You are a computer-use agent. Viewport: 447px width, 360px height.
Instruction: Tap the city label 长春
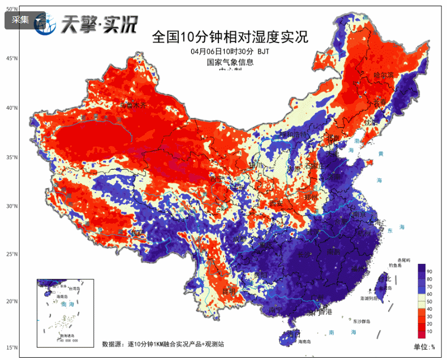[378, 103]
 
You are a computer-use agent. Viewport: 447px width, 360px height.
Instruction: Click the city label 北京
[333, 138]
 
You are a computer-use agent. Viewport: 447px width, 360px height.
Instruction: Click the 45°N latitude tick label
[11, 59]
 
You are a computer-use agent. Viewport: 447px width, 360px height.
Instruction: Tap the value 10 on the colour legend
[429, 331]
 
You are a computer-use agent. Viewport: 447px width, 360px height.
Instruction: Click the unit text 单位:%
[424, 346]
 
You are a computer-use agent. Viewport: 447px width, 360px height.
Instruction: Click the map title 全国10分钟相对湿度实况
[230, 37]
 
